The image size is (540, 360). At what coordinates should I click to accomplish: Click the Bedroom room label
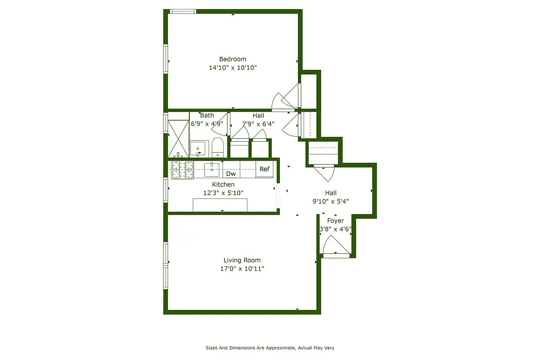coord(233,59)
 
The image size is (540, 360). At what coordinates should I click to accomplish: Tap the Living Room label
coord(242,260)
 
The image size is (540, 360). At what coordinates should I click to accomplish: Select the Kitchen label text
coord(223,184)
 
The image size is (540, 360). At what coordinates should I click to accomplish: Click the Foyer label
coord(335,220)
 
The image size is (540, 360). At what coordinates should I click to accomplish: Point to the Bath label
coord(207,116)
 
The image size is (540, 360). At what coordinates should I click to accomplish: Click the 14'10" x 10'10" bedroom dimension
coord(233,68)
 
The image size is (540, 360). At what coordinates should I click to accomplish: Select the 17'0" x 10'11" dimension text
coord(242,269)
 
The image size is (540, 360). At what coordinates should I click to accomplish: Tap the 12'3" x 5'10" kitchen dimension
coord(223,193)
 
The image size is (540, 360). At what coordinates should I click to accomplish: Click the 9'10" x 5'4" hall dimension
coord(331,201)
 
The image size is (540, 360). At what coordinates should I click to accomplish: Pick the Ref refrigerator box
coord(265,169)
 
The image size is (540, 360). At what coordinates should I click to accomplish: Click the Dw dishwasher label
coord(231,174)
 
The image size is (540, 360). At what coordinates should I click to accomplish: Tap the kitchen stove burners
coord(182,169)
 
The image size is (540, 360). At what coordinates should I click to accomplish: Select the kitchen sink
coord(212,170)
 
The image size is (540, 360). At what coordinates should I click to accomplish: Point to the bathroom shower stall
coord(178,138)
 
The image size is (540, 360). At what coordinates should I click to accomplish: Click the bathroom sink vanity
coord(198,148)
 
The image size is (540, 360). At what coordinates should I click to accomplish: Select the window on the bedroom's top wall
coord(183,11)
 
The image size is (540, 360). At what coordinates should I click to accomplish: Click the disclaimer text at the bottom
coord(270,348)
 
